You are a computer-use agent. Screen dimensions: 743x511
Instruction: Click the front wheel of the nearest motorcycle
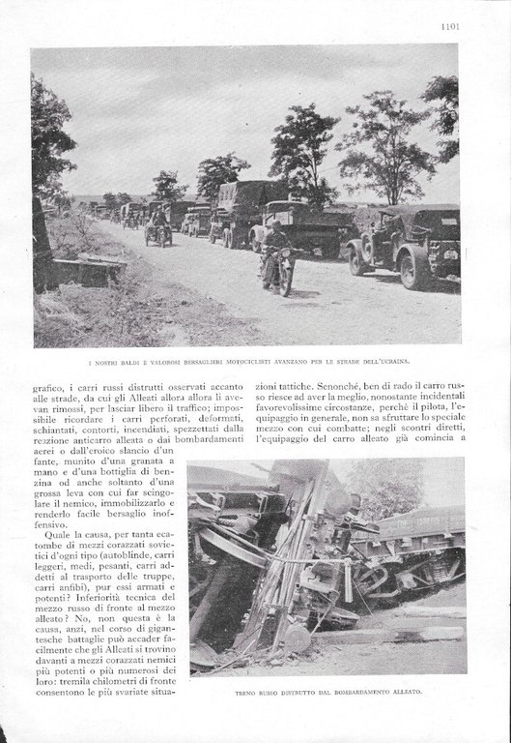(x=286, y=280)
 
